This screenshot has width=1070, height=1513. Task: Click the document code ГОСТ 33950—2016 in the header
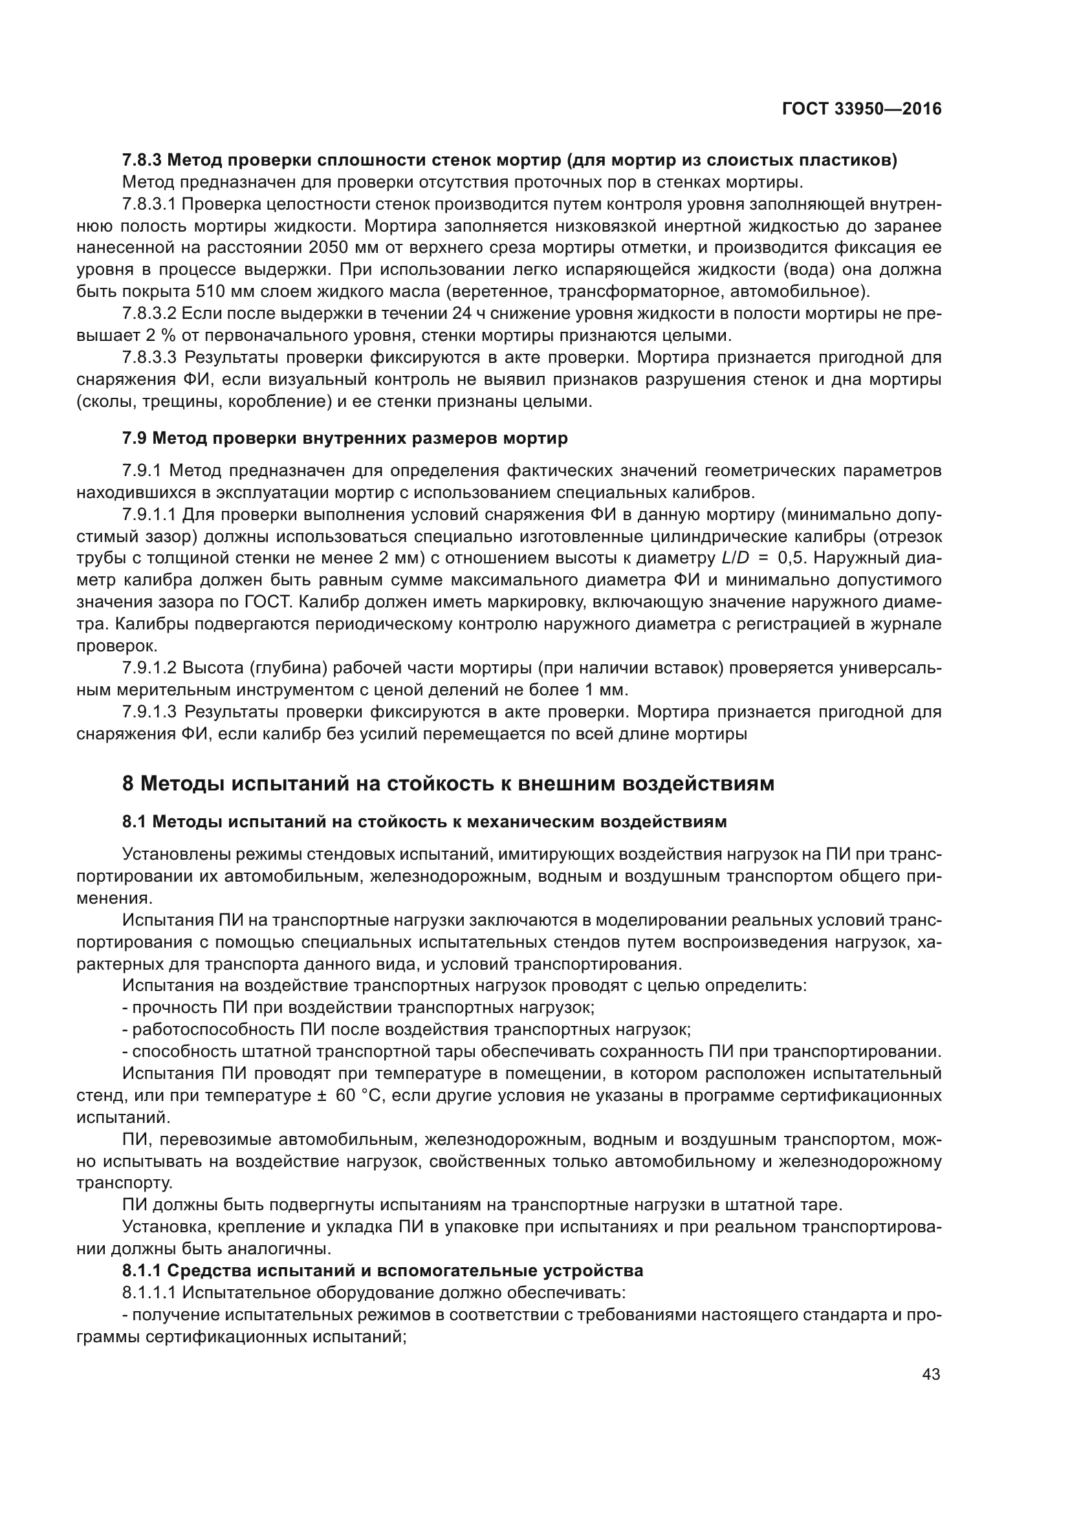click(x=861, y=109)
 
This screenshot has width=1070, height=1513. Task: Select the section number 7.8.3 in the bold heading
click(x=142, y=160)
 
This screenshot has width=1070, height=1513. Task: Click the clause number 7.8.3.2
click(x=149, y=314)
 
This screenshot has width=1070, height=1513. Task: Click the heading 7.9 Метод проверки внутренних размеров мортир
click(x=345, y=438)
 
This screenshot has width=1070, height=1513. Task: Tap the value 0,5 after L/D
click(x=791, y=558)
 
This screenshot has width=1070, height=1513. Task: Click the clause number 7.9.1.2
click(x=149, y=668)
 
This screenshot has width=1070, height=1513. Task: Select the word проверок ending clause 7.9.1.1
click(x=116, y=646)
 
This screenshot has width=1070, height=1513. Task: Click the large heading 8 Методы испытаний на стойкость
click(x=448, y=783)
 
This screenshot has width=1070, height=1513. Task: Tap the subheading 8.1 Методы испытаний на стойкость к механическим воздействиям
click(x=424, y=822)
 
